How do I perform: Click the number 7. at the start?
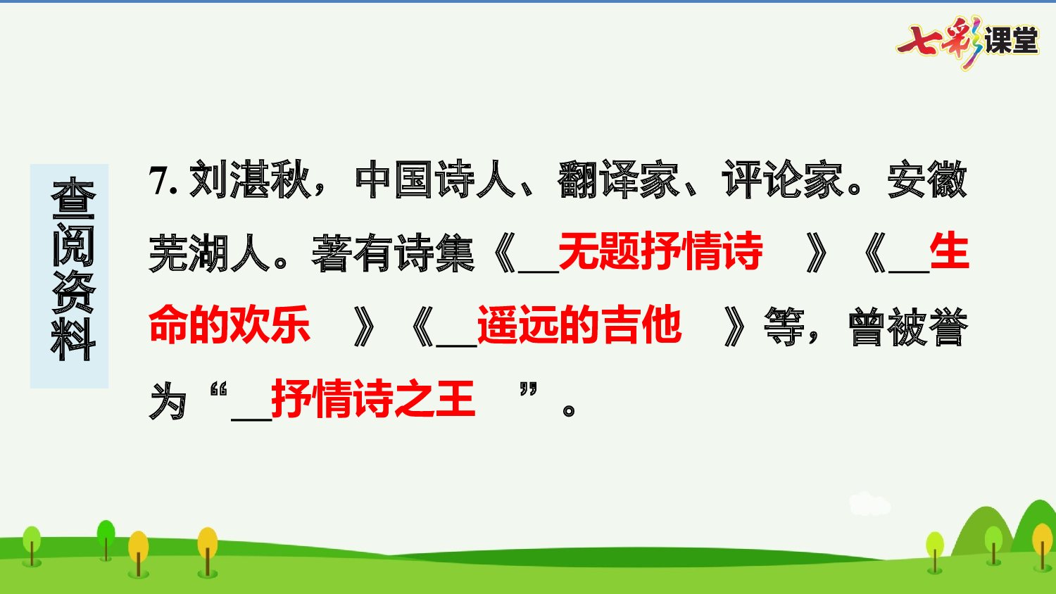pyautogui.click(x=163, y=181)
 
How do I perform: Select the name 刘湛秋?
pyautogui.click(x=250, y=181)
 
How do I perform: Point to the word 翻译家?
pyautogui.click(x=619, y=181)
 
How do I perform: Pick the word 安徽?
pyautogui.click(x=927, y=181)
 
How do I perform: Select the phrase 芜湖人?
pyautogui.click(x=209, y=253)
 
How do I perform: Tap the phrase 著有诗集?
pyautogui.click(x=393, y=253)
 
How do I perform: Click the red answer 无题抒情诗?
pyautogui.click(x=660, y=251)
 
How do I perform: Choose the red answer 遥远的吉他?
pyautogui.click(x=579, y=325)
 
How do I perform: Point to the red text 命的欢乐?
pyautogui.click(x=230, y=325)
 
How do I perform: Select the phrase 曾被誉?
pyautogui.click(x=908, y=327)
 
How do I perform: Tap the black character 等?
pyautogui.click(x=784, y=327)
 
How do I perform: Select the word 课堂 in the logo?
pyautogui.click(x=1011, y=40)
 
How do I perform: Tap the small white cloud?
pyautogui.click(x=869, y=504)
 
